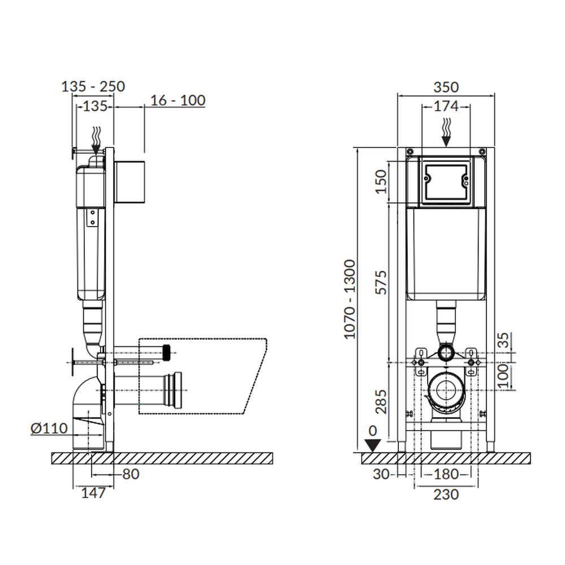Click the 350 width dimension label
click(x=446, y=87)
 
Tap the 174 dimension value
click(x=446, y=106)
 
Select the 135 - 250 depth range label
click(x=93, y=86)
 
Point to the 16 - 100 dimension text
click(x=177, y=100)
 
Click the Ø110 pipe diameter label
click(x=49, y=428)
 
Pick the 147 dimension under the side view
click(x=93, y=493)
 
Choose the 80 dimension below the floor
click(x=131, y=474)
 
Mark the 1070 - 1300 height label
click(x=350, y=299)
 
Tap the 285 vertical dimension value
click(x=381, y=402)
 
